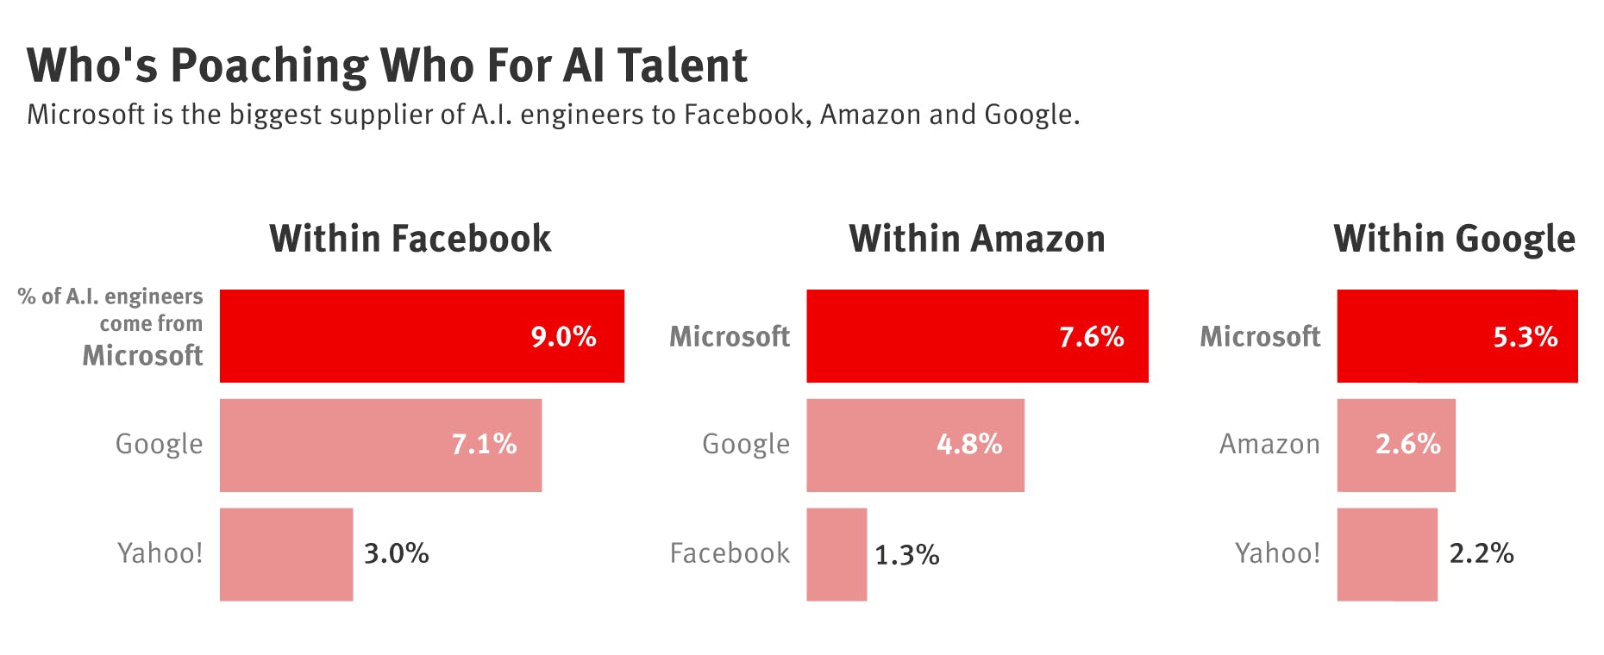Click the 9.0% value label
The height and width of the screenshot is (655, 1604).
[563, 336]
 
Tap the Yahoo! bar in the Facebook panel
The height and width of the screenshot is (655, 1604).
[286, 554]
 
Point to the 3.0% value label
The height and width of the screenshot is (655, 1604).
[396, 553]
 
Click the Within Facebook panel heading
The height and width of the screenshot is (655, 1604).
[410, 239]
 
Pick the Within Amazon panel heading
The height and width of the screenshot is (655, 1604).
[976, 239]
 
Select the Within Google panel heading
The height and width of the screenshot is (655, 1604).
[1454, 239]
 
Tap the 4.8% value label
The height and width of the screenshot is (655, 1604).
[969, 445]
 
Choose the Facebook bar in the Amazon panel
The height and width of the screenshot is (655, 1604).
[836, 554]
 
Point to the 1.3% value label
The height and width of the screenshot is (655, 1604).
[906, 555]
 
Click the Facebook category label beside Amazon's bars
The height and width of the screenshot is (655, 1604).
[730, 553]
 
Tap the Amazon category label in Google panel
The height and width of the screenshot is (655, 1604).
[1269, 445]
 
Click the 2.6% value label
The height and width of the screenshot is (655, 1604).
[1407, 445]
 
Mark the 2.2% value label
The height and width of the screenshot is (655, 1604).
[1481, 553]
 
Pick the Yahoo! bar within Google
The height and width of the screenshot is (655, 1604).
[1387, 554]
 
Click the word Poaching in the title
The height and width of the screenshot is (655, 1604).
[269, 66]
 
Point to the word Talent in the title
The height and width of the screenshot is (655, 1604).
[682, 66]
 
